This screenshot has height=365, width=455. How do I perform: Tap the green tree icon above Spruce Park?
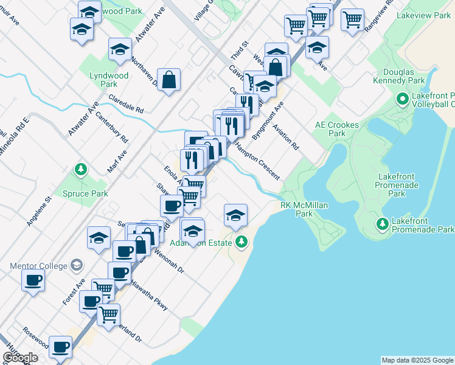point(80,168)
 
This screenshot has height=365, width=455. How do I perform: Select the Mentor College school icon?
point(77,265)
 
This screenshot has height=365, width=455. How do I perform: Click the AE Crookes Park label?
point(336,129)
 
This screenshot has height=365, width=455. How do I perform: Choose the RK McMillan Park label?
point(304,209)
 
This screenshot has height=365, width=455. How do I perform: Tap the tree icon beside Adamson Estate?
point(241,242)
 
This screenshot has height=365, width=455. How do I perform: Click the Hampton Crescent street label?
point(257,162)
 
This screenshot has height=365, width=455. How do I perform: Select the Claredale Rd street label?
point(125,104)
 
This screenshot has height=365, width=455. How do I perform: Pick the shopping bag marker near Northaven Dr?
point(169,79)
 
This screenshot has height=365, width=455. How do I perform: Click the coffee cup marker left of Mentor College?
point(33,280)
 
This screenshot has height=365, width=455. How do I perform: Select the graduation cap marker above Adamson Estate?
point(235,215)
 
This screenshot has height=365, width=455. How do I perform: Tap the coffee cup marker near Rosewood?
point(60,347)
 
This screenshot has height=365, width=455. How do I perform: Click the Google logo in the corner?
point(19,357)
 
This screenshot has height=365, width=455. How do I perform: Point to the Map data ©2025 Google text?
point(417,360)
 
